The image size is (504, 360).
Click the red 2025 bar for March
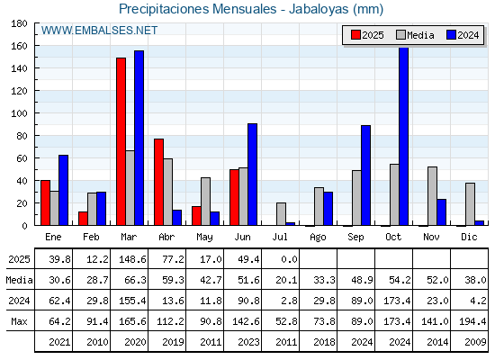click(121, 141)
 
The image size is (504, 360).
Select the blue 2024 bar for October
click(404, 136)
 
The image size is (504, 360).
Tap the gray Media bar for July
click(281, 214)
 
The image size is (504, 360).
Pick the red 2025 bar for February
click(83, 218)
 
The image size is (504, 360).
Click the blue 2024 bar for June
click(252, 175)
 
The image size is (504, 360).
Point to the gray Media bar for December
click(470, 204)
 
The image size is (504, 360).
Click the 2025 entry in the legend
click(367, 35)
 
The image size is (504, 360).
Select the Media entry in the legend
click(415, 35)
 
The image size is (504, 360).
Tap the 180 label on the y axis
click(19, 23)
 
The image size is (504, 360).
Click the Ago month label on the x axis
click(318, 238)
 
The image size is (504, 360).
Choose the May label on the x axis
click(204, 238)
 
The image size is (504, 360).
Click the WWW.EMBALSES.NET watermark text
click(99, 31)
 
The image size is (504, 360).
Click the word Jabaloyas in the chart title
click(319, 9)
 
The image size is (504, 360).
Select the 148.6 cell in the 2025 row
click(132, 259)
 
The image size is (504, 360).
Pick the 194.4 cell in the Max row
click(472, 321)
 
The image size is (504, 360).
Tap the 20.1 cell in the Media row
click(286, 280)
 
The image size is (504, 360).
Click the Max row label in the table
click(19, 321)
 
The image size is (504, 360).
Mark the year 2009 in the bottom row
click(475, 342)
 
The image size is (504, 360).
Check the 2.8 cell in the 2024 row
click(289, 301)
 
